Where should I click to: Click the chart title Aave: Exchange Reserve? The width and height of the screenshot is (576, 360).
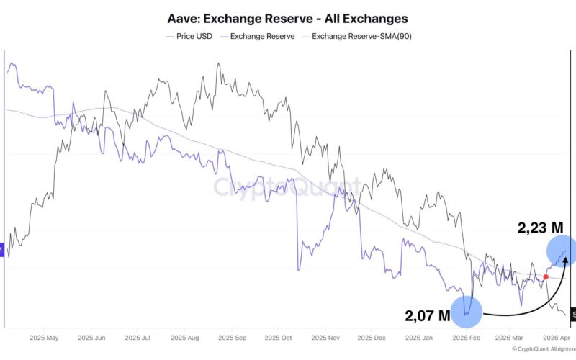288,18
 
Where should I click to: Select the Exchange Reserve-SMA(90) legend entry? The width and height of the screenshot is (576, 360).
359,36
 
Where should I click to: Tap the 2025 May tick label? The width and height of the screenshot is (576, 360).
45,336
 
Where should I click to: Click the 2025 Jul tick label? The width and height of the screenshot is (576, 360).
138,336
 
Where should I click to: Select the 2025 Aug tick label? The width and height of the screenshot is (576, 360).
184,336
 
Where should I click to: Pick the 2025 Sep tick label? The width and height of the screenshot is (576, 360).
231,336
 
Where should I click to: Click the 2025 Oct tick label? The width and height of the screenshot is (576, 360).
277,336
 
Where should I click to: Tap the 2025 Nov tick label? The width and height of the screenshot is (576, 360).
323,336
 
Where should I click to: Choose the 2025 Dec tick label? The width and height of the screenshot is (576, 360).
369,336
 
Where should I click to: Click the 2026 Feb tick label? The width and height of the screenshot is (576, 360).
462,336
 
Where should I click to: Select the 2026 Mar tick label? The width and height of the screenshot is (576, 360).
508,336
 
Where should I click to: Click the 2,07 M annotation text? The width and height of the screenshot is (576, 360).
426,315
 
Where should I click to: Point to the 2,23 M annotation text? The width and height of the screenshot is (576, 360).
540,227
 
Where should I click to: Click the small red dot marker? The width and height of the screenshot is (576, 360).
545,276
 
